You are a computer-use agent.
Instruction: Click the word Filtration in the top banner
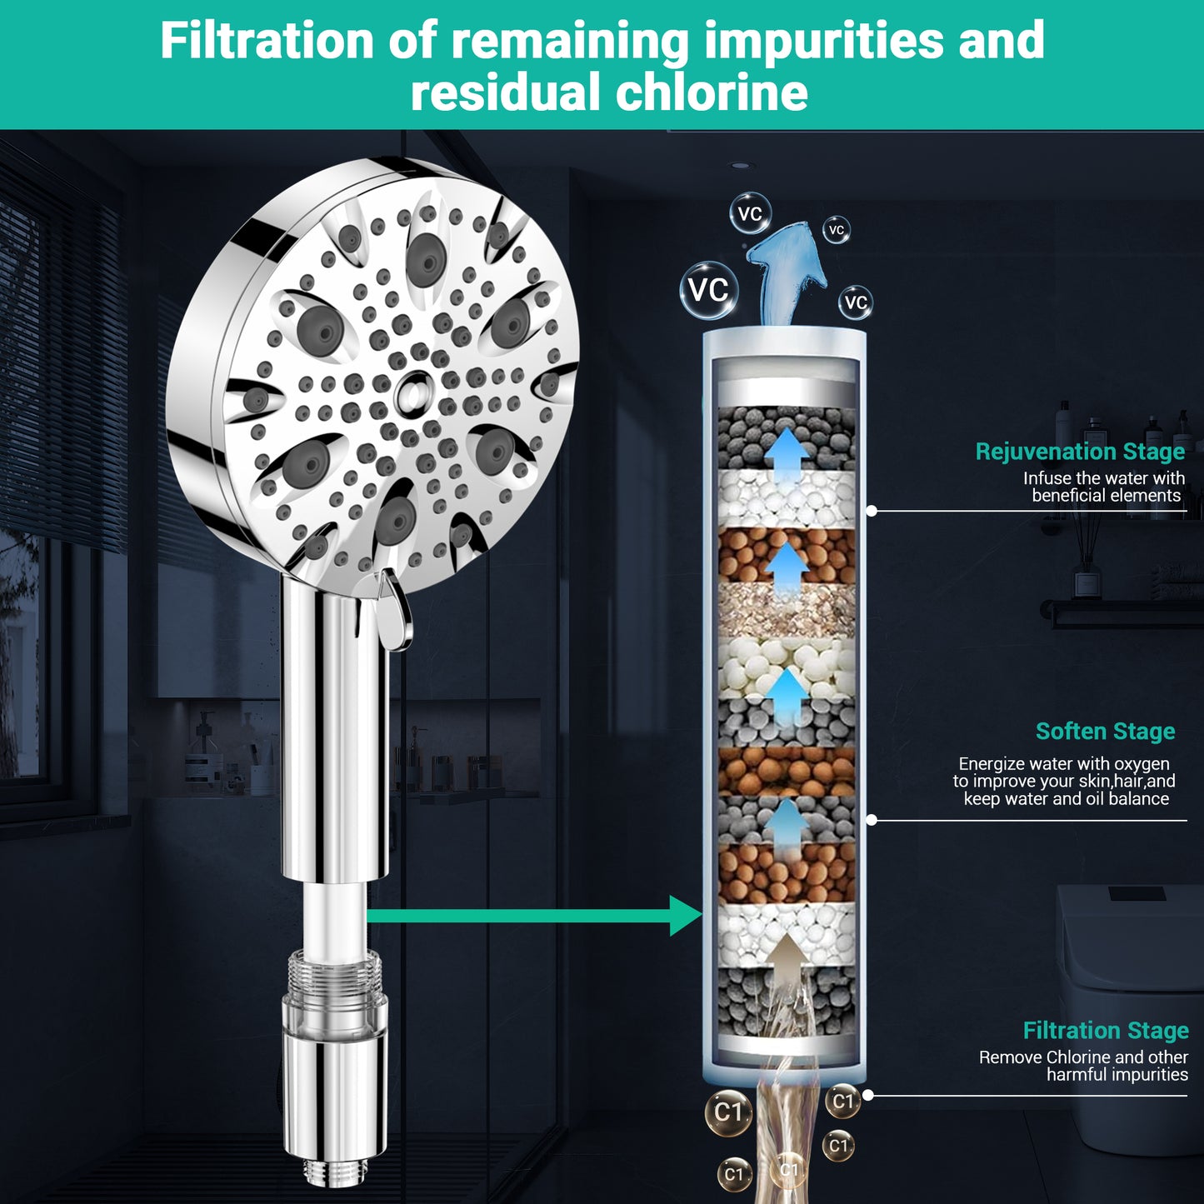coord(267,41)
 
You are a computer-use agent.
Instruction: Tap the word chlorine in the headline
coord(712,92)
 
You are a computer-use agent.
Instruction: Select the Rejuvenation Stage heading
coord(1080,451)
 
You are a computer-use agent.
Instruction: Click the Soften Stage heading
coord(1105,731)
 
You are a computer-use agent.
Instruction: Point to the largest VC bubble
coord(709,290)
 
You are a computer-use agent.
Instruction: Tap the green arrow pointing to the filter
coord(535,916)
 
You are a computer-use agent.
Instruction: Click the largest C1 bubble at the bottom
coord(728,1112)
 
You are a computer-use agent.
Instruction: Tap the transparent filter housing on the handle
coord(334,1001)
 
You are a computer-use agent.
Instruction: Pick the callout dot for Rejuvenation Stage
coord(872,511)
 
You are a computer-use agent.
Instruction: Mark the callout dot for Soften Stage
coord(872,821)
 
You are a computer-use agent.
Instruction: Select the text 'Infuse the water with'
coord(1104,478)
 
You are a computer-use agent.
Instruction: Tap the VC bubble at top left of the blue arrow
coord(751,213)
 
